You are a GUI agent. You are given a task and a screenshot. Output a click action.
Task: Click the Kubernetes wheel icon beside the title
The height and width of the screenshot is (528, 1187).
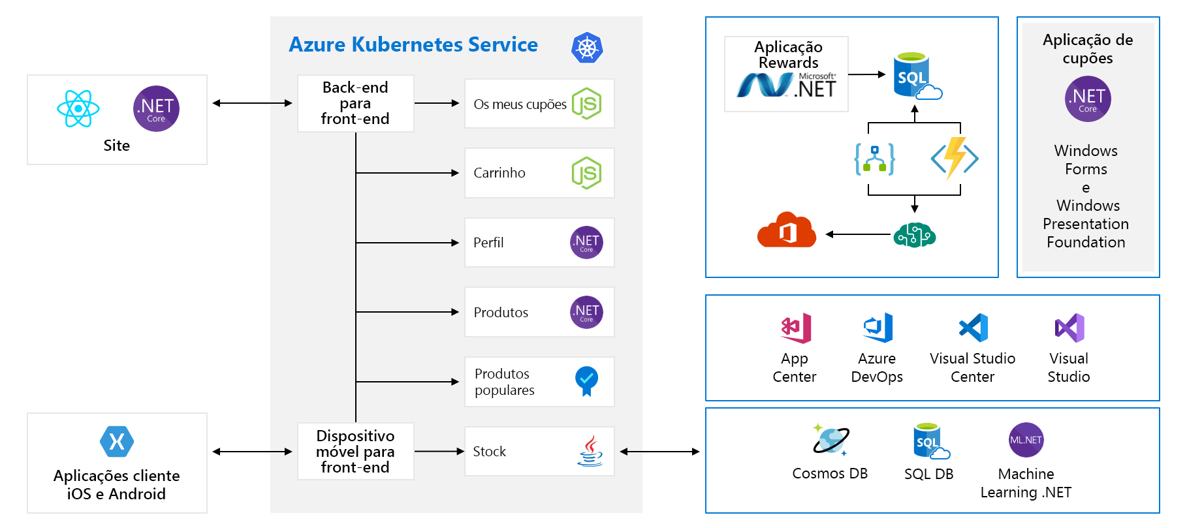587,48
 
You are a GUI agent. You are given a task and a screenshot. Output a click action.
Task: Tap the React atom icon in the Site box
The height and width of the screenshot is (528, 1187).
78,108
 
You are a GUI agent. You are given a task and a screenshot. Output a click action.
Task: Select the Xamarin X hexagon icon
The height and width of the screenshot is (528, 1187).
117,442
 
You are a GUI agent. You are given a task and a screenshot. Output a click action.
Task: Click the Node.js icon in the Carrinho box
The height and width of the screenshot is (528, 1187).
586,173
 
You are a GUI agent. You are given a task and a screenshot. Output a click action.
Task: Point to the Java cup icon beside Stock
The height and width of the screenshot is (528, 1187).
590,451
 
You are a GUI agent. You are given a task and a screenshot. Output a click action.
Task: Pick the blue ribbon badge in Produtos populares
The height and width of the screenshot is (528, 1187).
586,380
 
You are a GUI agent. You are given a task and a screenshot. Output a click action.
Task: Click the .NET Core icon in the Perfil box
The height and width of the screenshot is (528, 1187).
586,243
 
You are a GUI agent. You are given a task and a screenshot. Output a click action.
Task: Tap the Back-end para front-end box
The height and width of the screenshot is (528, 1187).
355,103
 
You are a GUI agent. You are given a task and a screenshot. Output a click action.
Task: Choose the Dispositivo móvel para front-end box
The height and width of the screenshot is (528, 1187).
355,451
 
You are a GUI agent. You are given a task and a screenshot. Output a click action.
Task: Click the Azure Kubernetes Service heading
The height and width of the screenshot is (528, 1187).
413,44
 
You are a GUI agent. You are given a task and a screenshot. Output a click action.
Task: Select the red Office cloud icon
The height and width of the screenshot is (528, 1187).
787,230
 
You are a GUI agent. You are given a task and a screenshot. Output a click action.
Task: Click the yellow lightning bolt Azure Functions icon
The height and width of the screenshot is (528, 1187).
955,157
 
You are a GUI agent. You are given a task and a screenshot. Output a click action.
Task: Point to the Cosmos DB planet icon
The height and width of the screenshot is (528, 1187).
831,439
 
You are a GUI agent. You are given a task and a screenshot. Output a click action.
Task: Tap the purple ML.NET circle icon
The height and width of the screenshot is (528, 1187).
1026,440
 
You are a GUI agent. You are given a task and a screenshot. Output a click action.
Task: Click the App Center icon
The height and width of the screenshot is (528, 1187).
795,328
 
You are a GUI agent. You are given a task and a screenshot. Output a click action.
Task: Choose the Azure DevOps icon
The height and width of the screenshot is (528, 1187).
878,328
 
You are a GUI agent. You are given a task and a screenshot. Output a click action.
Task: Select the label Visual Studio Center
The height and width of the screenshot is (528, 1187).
972,367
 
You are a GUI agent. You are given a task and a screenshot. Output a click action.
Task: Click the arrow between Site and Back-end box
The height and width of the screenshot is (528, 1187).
252,103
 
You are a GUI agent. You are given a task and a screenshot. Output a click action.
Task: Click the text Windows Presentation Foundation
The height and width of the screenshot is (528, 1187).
1086,224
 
